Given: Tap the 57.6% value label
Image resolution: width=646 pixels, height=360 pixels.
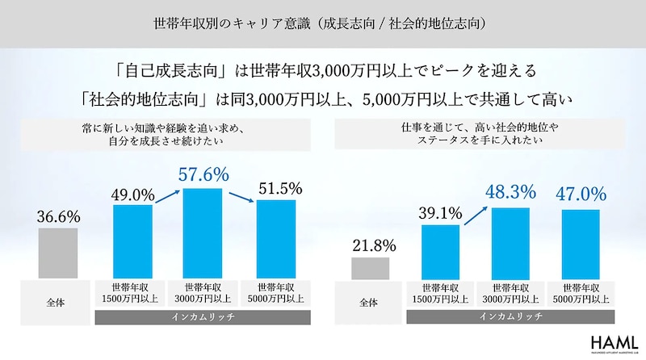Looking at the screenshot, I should click(203, 174).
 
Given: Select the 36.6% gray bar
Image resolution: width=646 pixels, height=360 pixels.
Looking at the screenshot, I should click(57, 253).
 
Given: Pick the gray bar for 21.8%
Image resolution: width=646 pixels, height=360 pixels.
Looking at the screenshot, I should click(370, 268).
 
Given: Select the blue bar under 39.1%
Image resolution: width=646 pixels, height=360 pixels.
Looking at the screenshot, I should click(440, 252).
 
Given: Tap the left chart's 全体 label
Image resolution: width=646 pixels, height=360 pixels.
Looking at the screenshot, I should click(57, 301).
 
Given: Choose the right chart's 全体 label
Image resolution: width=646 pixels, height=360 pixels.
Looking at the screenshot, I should click(370, 301).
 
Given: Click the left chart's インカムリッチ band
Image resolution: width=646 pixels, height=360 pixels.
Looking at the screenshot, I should click(204, 318).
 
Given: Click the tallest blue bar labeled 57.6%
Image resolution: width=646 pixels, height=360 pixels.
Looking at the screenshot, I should click(203, 234).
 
